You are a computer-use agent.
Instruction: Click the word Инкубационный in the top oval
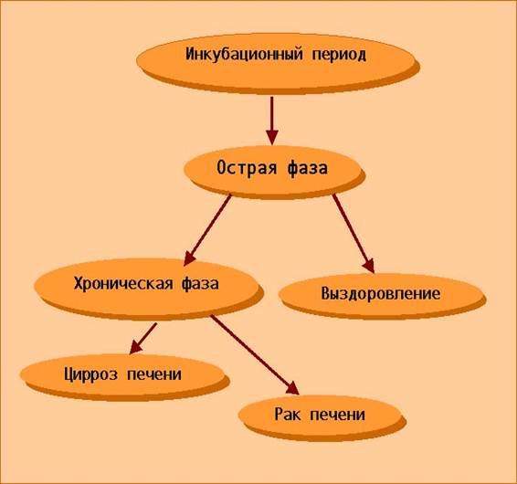(244, 55)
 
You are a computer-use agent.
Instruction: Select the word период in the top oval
(339, 55)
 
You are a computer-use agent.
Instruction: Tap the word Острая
(247, 168)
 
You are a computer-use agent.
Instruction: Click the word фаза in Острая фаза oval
(307, 168)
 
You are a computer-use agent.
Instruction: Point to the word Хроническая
(123, 284)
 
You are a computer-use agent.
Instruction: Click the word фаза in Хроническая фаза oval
(200, 284)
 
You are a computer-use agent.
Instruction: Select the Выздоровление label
(381, 293)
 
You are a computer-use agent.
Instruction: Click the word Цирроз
(91, 374)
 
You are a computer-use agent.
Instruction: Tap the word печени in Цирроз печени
(154, 374)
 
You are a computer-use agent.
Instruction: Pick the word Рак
(288, 414)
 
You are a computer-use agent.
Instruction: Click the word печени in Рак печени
(338, 415)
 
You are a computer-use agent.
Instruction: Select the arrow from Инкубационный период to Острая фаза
(272, 121)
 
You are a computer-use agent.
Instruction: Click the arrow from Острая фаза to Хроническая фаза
(207, 230)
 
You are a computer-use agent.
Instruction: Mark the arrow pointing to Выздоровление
(353, 234)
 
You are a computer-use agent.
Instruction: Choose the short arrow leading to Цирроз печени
(143, 339)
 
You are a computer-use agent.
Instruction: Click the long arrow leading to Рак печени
(255, 354)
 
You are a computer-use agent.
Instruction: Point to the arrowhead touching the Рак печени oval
(293, 389)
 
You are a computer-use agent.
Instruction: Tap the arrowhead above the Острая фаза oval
(272, 137)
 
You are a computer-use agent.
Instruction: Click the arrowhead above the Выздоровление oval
(370, 267)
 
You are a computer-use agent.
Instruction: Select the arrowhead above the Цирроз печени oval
(135, 348)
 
